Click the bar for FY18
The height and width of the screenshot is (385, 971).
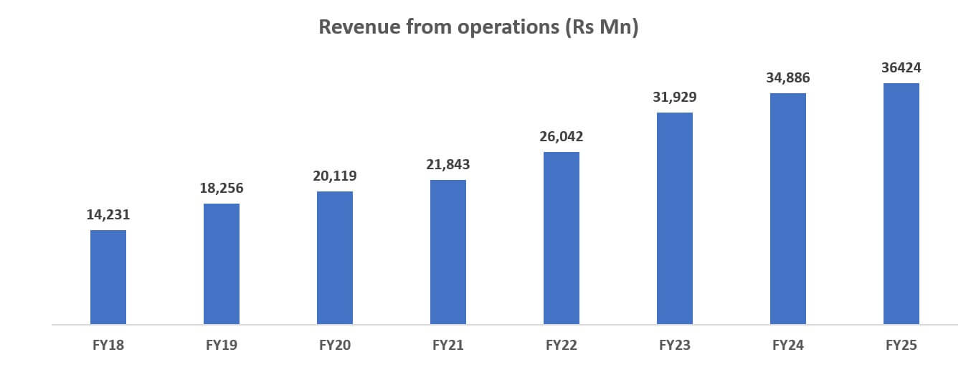(x=108, y=277)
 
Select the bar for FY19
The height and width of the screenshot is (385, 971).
(x=222, y=264)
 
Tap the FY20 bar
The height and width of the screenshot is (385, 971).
(x=335, y=257)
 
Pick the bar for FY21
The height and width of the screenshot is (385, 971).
(x=448, y=252)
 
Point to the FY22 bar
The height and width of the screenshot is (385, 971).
(x=562, y=238)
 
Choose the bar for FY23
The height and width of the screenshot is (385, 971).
(x=675, y=218)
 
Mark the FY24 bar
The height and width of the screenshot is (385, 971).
(x=788, y=209)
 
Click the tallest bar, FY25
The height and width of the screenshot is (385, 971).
(x=901, y=204)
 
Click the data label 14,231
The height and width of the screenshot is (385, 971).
(x=108, y=214)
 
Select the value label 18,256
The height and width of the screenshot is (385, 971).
(x=222, y=188)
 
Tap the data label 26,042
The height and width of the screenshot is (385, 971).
(x=562, y=136)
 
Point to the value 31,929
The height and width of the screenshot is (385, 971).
(x=675, y=97)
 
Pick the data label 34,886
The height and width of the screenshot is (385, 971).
(x=788, y=77)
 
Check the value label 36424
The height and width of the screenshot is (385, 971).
(x=901, y=68)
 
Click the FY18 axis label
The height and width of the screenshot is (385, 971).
(x=108, y=346)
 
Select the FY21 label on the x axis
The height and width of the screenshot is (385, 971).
(x=448, y=346)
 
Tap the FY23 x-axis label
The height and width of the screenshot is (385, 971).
(x=675, y=346)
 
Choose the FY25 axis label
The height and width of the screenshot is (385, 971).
(x=901, y=346)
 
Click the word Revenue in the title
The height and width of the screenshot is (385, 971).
(x=353, y=27)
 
